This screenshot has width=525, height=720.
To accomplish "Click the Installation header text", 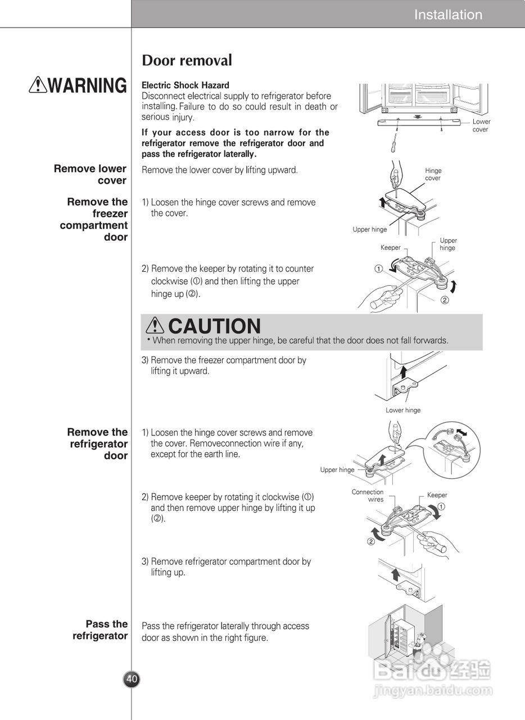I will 448,15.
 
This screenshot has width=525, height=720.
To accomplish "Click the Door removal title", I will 187,60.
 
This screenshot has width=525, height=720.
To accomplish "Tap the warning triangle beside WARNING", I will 38,85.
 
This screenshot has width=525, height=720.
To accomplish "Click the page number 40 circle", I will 132,679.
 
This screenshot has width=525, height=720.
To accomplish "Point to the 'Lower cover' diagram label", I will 481,125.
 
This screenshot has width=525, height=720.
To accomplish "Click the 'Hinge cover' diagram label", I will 433,174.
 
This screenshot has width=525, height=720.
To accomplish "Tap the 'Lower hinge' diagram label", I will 403,410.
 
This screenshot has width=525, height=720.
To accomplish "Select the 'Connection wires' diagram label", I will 368,496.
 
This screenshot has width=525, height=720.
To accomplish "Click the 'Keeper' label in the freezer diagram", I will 391,247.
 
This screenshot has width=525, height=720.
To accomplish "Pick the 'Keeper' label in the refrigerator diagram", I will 437,495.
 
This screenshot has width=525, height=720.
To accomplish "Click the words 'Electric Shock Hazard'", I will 185,85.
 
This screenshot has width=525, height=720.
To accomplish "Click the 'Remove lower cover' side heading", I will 90,174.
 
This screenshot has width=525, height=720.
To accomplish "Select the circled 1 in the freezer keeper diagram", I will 379,269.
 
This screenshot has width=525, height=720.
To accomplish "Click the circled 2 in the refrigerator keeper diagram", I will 371,542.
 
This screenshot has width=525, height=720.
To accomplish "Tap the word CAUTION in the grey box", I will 214,326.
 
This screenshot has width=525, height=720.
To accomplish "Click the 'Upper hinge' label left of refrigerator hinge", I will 337,470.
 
